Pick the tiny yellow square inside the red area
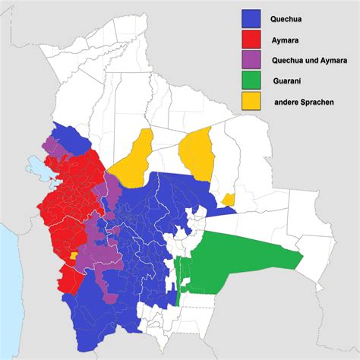click(x=73, y=256)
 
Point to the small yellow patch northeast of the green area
click(x=229, y=199)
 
